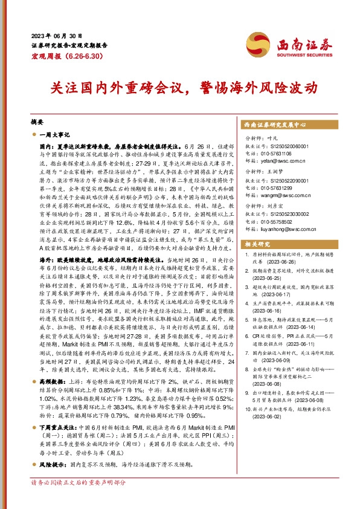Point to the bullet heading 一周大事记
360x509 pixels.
[x=54, y=135]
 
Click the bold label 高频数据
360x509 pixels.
[x=54, y=382]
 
